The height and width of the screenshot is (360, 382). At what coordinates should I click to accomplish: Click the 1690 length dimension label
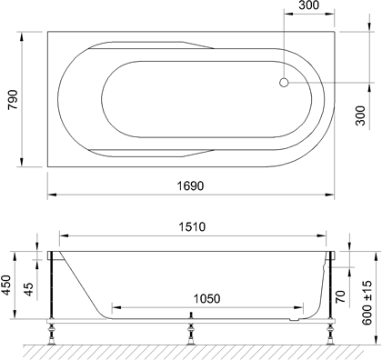tap(190, 185)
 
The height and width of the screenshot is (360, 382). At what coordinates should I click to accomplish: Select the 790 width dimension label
tap(14, 100)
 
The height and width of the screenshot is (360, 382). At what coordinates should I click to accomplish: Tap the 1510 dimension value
tap(192, 226)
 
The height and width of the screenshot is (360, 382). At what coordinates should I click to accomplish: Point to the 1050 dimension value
tap(206, 299)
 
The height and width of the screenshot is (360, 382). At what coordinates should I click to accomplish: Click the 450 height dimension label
tap(6, 285)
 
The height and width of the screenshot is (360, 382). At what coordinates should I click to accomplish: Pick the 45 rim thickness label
tap(28, 289)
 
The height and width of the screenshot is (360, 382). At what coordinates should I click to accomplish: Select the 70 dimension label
tap(341, 296)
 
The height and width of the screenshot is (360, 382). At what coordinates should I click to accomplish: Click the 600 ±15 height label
tap(367, 303)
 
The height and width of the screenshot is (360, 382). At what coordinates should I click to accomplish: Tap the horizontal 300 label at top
tap(308, 5)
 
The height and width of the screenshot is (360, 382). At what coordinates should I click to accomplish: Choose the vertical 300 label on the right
tap(360, 115)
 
